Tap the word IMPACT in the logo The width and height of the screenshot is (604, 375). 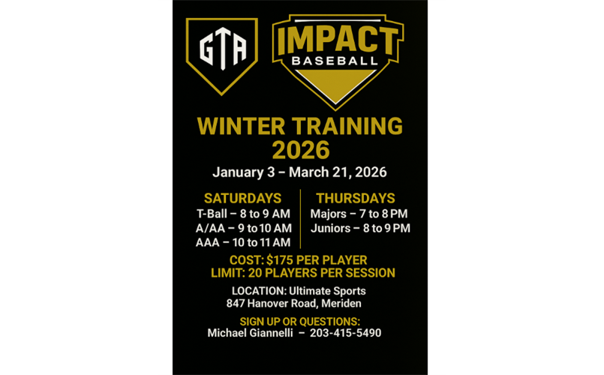pos(337,40)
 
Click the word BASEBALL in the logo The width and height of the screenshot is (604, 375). pos(335,60)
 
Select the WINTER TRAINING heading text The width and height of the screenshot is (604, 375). pos(299,125)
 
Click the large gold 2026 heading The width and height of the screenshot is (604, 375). pos(300,149)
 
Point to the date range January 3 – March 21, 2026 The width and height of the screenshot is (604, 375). pos(299,172)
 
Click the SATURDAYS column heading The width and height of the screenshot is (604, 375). pos(242,199)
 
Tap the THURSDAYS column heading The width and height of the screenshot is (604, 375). pos(355,199)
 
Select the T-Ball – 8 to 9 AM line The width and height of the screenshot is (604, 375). pos(243,214)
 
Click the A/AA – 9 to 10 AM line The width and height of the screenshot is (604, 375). pos(243,228)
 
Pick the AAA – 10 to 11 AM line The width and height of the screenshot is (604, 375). pos(243,242)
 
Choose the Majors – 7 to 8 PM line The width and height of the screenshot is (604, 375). pos(359,214)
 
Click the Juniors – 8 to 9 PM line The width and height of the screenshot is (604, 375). pos(360,228)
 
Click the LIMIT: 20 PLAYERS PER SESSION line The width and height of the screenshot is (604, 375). pos(302,273)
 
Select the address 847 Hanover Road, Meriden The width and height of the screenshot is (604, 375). pos(293,304)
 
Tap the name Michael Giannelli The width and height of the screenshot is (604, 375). pos(251,333)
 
